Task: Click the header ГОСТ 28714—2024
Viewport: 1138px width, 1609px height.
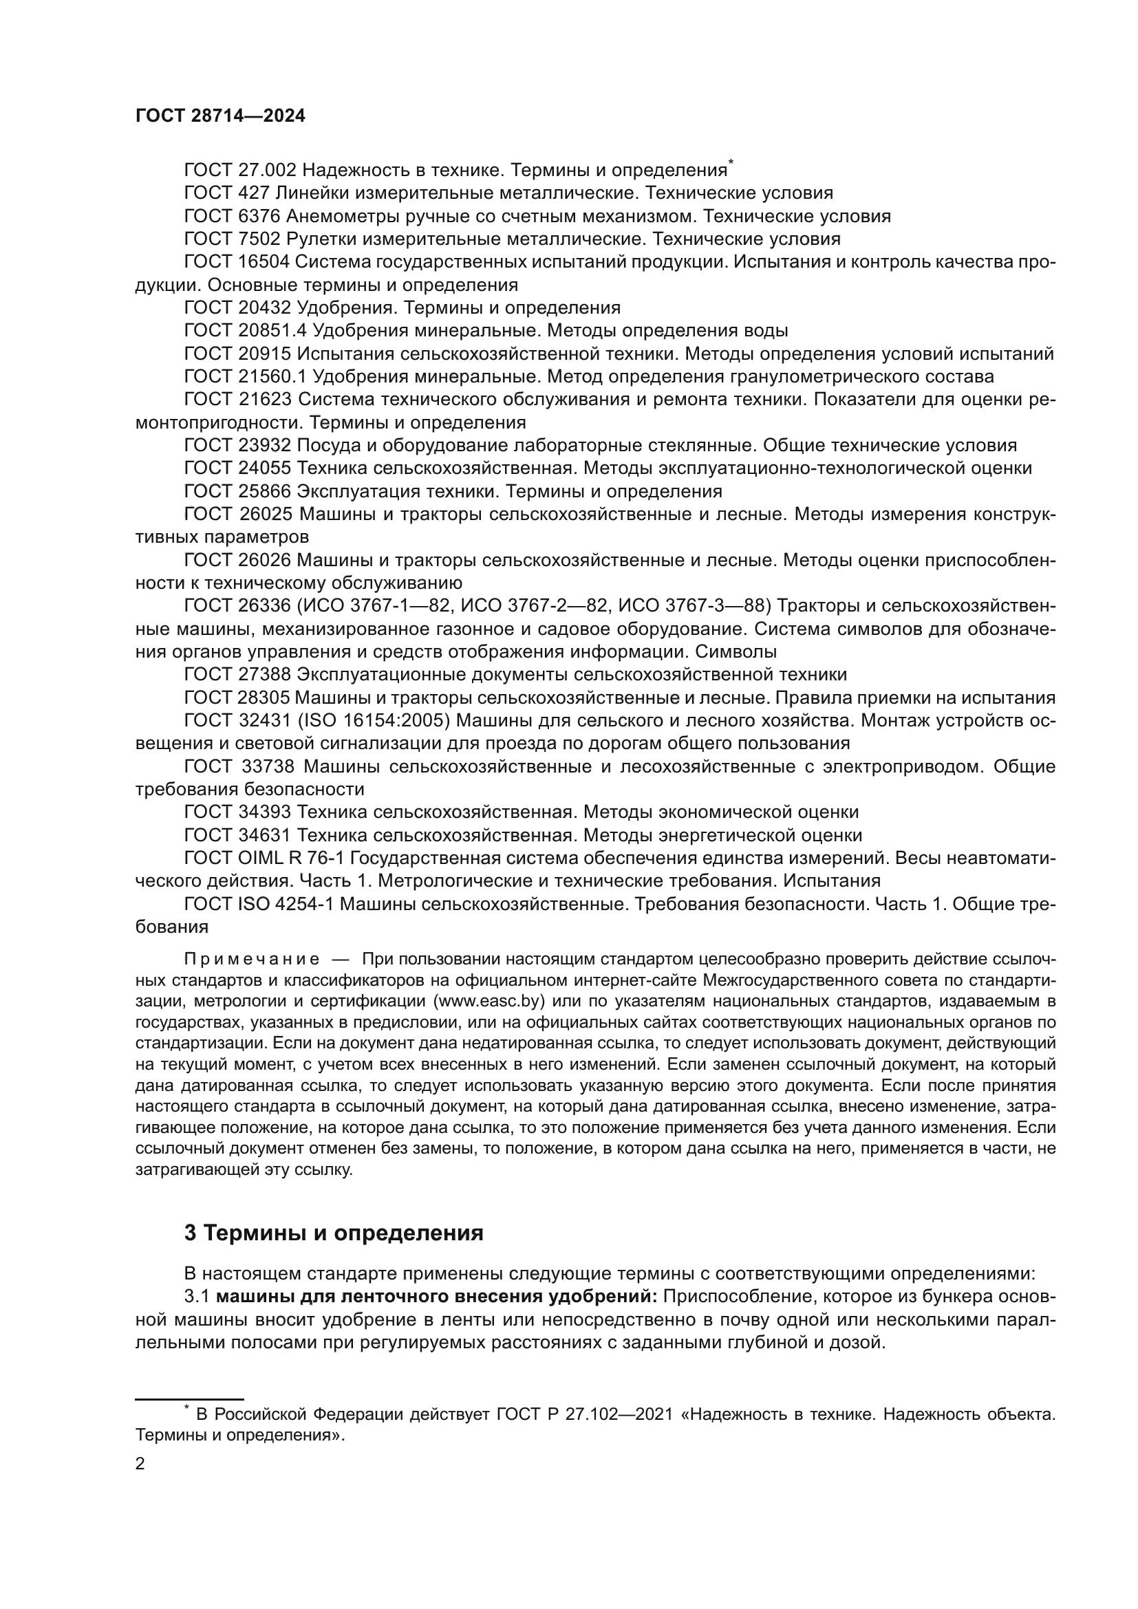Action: pyautogui.click(x=220, y=116)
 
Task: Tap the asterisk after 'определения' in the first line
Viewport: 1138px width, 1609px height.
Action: pyautogui.click(x=731, y=163)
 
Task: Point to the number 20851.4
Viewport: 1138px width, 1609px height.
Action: pyautogui.click(x=268, y=331)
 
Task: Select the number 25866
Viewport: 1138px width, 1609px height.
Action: pyautogui.click(x=263, y=491)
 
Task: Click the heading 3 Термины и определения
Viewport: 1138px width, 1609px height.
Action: pyautogui.click(x=334, y=1233)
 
